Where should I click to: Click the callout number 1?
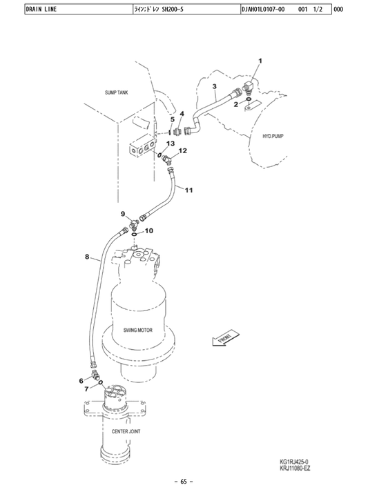tap(260, 61)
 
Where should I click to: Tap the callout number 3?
tap(215, 86)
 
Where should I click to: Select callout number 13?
tap(171, 144)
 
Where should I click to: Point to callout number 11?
tap(188, 190)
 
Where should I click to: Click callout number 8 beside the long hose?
tap(87, 257)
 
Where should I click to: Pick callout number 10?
tap(149, 230)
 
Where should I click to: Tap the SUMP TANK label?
tap(116, 92)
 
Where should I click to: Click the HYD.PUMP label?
tap(273, 136)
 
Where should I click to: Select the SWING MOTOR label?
tap(138, 330)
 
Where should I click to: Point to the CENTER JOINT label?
tap(126, 431)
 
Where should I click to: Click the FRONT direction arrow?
tap(226, 339)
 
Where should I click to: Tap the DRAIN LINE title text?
tap(41, 9)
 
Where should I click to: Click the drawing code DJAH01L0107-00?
tap(263, 9)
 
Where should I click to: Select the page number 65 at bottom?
tap(184, 482)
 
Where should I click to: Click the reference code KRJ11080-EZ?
tap(295, 469)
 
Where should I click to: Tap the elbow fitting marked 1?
tap(248, 87)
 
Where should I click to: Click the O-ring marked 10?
tap(134, 235)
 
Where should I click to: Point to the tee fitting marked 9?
tap(133, 224)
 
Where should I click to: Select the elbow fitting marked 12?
tap(167, 159)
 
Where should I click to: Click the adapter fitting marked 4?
tap(177, 132)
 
